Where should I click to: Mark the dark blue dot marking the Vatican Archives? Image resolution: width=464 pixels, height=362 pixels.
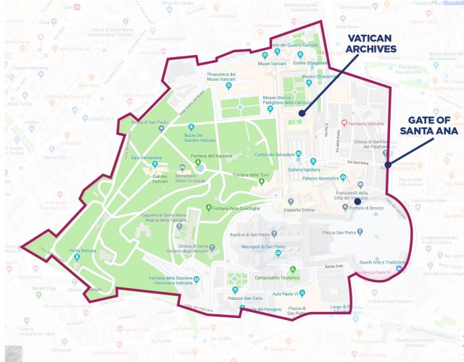click(x=301, y=113)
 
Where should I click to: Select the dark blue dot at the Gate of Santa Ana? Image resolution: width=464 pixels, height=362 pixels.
click(x=388, y=165)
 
